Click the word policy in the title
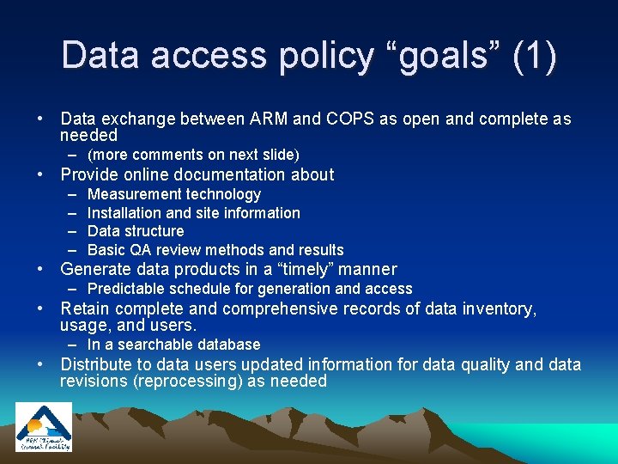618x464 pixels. pyautogui.click(x=324, y=56)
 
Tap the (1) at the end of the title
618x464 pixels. pyautogui.click(x=533, y=56)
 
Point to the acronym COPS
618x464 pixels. pyautogui.click(x=349, y=119)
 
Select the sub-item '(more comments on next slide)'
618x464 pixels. pyautogui.click(x=193, y=155)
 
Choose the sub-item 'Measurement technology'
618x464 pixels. pyautogui.click(x=174, y=195)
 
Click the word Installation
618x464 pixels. pyautogui.click(x=124, y=213)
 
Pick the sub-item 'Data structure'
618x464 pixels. pyautogui.click(x=136, y=231)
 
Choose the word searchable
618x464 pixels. pyautogui.click(x=160, y=345)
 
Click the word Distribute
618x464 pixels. pyautogui.click(x=98, y=364)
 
